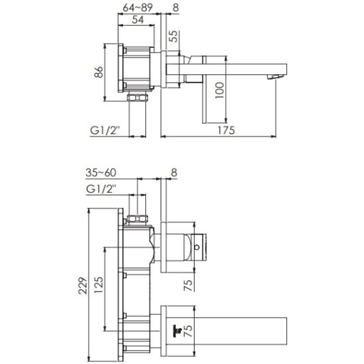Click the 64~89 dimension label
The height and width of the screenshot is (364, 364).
138,9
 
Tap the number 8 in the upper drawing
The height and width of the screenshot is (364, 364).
175,9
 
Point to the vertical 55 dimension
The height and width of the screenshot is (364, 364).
173,38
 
